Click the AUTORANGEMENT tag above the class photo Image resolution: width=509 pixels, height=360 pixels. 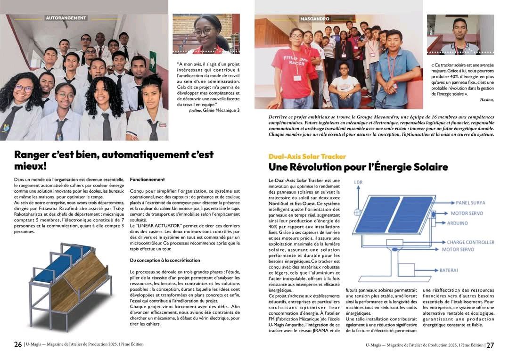(x=66, y=18)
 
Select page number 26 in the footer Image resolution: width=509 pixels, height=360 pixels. (x=18, y=344)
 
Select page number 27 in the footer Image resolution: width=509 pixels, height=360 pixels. (x=490, y=345)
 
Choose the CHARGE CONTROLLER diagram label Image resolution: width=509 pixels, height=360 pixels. (x=470, y=242)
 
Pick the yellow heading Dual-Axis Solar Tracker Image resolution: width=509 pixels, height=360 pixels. (x=307, y=156)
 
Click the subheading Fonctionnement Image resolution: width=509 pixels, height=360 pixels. (x=147, y=180)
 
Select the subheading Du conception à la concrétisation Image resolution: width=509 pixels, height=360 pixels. (x=164, y=260)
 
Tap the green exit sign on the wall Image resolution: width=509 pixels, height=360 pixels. (x=153, y=60)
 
